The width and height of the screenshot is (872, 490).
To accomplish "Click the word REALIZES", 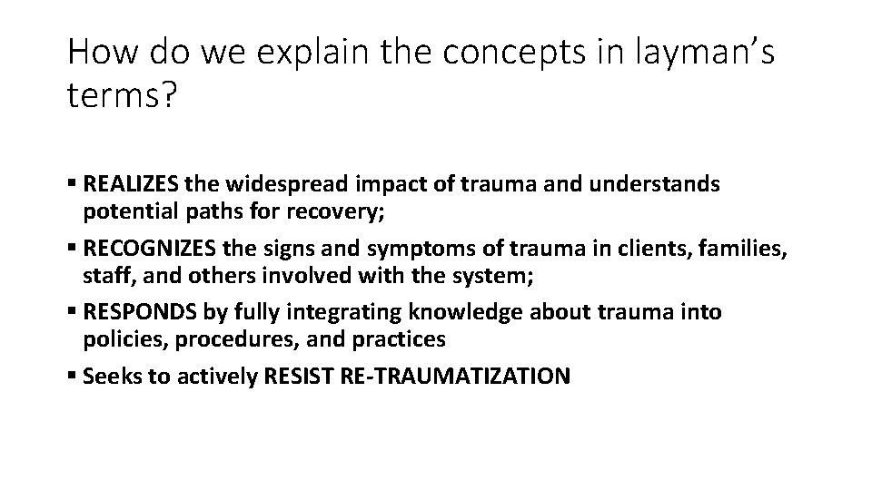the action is [130, 185].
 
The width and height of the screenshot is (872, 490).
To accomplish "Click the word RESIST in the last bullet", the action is [301, 377].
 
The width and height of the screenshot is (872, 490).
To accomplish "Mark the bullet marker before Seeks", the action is [72, 377].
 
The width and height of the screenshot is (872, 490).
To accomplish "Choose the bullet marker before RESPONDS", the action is [72, 313].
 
